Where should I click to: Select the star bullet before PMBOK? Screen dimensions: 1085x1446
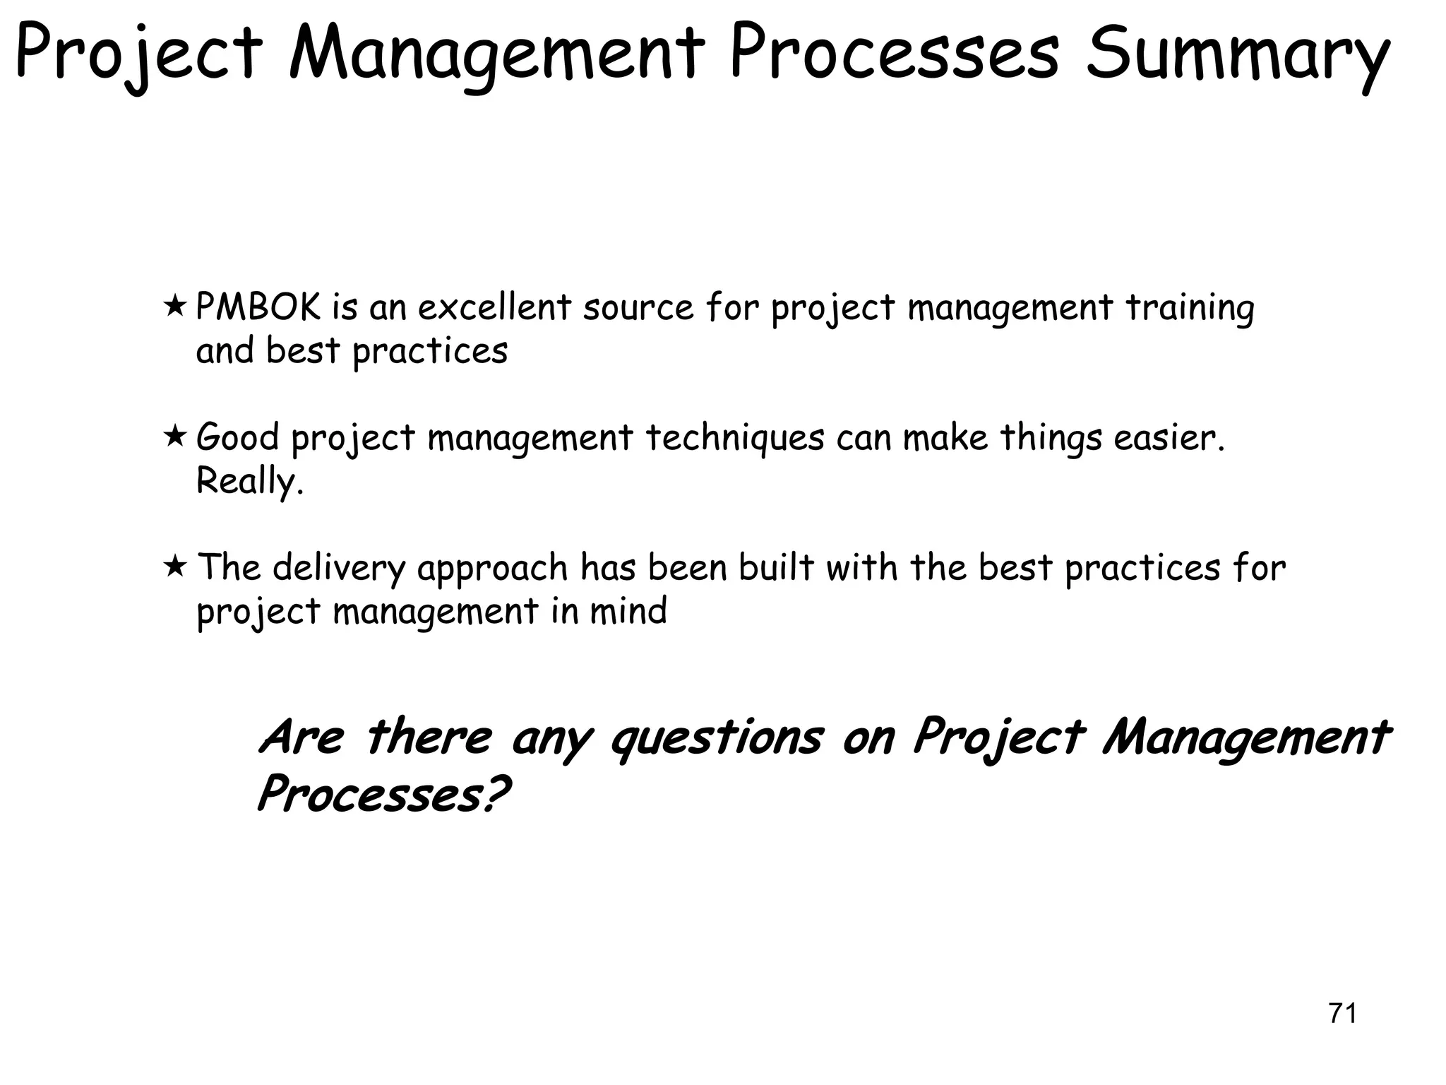[x=174, y=307]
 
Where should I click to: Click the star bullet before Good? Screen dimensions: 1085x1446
[x=174, y=437]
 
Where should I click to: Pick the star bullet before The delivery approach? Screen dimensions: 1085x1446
[x=174, y=567]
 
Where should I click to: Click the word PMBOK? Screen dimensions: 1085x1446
[x=258, y=308]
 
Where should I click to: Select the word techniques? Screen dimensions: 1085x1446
[x=735, y=438]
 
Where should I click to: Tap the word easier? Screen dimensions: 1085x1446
[x=1169, y=438]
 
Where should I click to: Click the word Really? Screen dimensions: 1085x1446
[x=249, y=482]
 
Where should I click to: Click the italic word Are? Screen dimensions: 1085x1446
[x=301, y=737]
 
